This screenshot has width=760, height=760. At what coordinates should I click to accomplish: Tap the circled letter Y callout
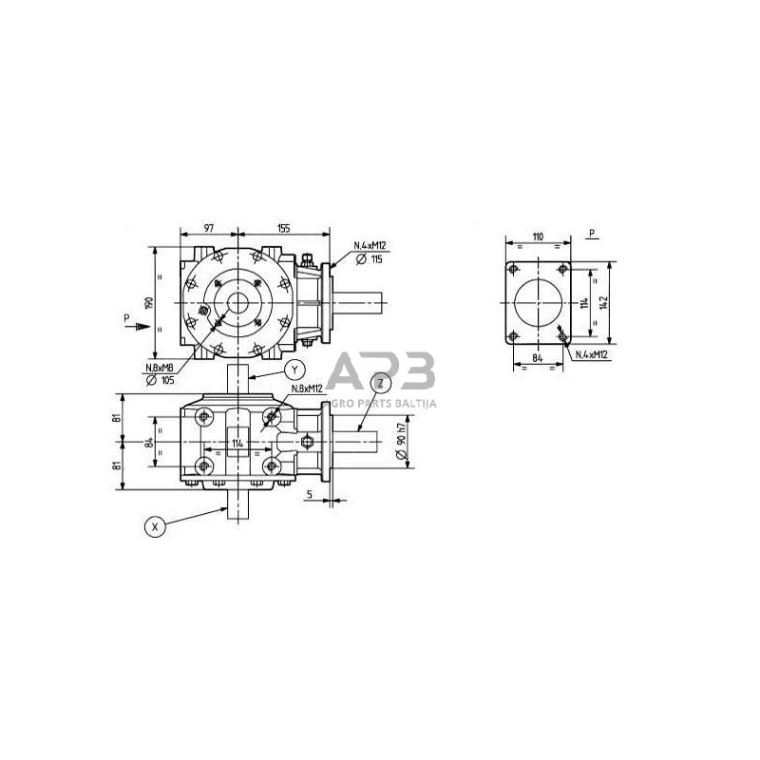click(294, 370)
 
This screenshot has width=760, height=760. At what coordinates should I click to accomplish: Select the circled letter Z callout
click(381, 383)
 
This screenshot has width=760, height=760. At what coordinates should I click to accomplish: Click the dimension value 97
click(209, 229)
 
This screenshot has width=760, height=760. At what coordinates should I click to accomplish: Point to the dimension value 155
click(283, 229)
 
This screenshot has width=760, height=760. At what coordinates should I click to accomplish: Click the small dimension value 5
click(311, 494)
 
